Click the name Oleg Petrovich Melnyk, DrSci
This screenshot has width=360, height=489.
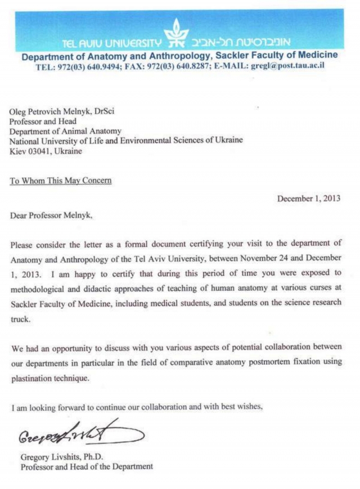click(62, 111)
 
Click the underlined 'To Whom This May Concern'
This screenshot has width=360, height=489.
click(60, 181)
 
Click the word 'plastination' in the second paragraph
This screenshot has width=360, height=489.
click(30, 378)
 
